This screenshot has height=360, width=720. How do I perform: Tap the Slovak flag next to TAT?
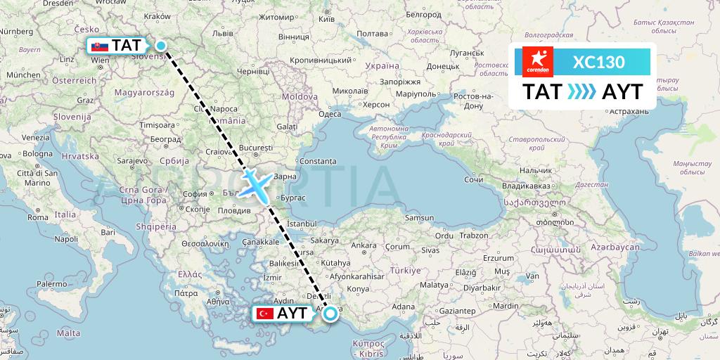click(x=100, y=47)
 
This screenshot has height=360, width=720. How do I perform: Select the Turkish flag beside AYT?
click(x=265, y=314)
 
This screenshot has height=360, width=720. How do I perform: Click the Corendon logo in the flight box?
click(x=538, y=61)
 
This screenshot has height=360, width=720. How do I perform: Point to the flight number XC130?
click(x=598, y=62)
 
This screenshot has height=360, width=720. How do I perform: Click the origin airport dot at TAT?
click(x=161, y=46)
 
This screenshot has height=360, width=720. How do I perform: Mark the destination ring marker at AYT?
click(x=329, y=314)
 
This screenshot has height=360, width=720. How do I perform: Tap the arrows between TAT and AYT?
click(x=582, y=92)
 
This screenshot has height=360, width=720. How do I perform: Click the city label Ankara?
click(x=364, y=245)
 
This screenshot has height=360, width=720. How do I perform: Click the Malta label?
click(x=68, y=333)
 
